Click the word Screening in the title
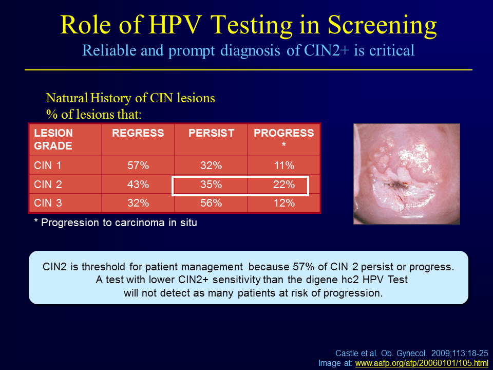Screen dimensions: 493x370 coord(382,26)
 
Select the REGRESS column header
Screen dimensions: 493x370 coord(138,133)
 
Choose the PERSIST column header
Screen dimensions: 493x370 coord(211,133)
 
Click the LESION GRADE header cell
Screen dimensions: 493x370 coord(53,139)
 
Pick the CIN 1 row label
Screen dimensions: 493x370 coord(47,165)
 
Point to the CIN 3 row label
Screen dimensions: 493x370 coord(48,203)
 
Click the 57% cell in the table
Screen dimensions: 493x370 coord(138,165)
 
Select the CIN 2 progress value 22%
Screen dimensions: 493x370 coord(284,184)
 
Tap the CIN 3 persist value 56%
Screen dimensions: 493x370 coord(211,203)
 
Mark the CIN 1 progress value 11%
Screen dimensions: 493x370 coord(284,165)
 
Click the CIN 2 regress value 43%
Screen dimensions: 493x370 coord(138,184)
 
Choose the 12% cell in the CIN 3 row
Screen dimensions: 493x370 coord(284,203)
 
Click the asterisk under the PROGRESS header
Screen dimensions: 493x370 coord(284,145)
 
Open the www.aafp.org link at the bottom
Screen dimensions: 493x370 coord(422,363)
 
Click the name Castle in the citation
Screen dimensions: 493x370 coord(345,354)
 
